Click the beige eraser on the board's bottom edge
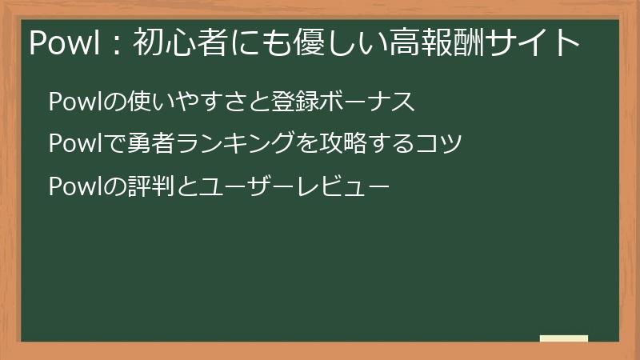point(564,338)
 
